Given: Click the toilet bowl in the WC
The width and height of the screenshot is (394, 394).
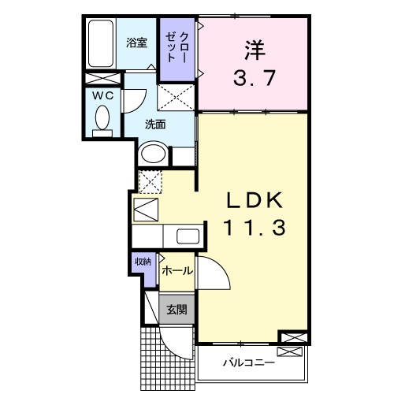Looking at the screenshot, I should click(x=101, y=118).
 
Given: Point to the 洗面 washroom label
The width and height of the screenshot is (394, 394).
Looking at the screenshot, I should click(x=154, y=124).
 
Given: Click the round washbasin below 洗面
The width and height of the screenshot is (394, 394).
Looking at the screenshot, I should click(x=153, y=153).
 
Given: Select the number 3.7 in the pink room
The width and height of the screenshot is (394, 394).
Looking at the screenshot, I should click(x=251, y=78).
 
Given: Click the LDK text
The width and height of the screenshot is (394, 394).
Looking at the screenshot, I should click(x=251, y=200).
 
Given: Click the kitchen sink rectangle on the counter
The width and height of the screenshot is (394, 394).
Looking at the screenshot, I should click(x=188, y=236).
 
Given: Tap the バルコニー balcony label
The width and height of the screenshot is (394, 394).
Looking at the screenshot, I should click(x=247, y=363).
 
